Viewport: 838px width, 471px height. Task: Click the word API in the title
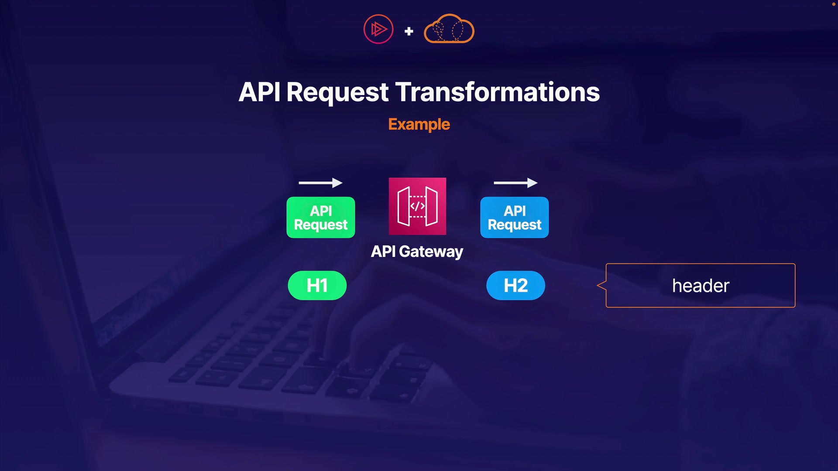coord(259,92)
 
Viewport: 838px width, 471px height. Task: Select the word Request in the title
coord(337,92)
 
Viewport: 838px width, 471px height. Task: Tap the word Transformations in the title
coord(498,92)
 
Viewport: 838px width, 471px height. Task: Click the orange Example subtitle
coord(419,125)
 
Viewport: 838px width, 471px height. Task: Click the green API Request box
coord(321,217)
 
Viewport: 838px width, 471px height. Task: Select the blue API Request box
coord(515,217)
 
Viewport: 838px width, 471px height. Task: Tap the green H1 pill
coord(317,286)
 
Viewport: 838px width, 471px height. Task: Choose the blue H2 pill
coord(516,286)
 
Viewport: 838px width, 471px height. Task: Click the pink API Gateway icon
coord(417,206)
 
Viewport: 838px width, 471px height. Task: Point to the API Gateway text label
coord(417,252)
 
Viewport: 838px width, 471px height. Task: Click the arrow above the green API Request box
coord(320,183)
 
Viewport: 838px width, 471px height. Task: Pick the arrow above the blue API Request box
coord(515,183)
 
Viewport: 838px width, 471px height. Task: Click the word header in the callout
coord(701,286)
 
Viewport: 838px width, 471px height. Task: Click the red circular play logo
coord(378,29)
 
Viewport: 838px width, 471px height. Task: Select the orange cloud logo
coord(449,29)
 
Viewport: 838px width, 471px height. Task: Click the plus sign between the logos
coord(409,31)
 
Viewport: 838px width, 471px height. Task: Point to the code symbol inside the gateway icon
coord(417,206)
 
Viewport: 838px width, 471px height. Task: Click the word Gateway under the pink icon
coord(431,252)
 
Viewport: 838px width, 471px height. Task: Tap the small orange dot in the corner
coord(833,4)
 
